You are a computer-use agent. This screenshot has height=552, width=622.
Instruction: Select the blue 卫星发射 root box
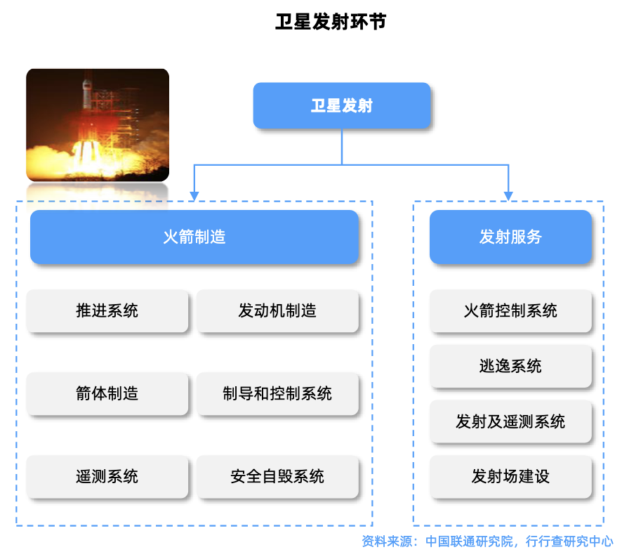coord(341,106)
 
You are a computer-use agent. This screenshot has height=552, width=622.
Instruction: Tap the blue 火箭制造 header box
coord(194,237)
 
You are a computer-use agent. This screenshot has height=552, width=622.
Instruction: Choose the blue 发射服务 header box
coord(510,237)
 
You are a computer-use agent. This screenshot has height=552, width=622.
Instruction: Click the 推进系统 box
coord(107,311)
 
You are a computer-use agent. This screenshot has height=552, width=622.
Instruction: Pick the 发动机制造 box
coord(278,311)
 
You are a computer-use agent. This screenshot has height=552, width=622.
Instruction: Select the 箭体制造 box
coord(107,394)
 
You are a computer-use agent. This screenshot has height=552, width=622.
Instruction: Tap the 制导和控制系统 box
coord(278,394)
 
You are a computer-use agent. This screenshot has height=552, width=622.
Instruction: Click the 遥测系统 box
coord(107,477)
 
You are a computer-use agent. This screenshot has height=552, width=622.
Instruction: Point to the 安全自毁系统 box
coord(278,477)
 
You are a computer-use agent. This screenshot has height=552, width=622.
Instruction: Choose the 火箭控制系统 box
coord(510,311)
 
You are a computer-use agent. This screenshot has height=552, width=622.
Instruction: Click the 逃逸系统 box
coord(510,367)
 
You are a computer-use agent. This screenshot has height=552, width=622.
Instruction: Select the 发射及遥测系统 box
coord(510,422)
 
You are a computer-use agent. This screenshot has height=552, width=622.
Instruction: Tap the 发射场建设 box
coord(510,477)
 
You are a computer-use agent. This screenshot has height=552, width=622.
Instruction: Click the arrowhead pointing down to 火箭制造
coord(194,195)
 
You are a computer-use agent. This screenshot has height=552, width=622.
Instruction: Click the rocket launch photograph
coord(98,125)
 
